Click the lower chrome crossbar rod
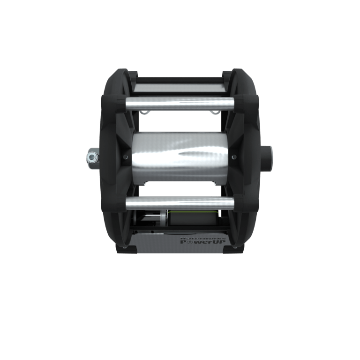tap(180, 203)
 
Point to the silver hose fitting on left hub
tap(92, 157)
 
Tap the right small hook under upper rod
tap(215, 112)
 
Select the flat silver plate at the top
tap(180, 87)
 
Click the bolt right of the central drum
tap(233, 157)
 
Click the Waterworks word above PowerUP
tap(202, 239)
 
